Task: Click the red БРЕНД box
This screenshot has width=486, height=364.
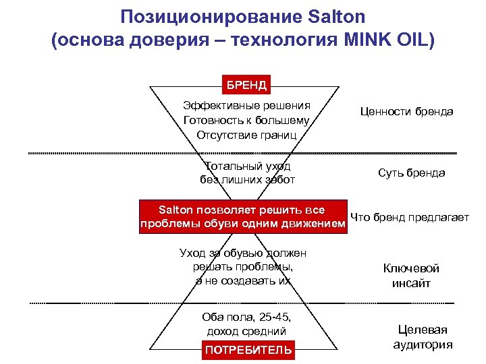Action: pyautogui.click(x=246, y=85)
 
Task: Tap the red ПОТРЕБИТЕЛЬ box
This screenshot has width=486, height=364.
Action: pyautogui.click(x=248, y=349)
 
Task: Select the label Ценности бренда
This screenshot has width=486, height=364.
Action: pyautogui.click(x=406, y=111)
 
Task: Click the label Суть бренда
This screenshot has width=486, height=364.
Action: pyautogui.click(x=412, y=173)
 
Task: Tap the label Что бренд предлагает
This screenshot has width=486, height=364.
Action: pyautogui.click(x=410, y=217)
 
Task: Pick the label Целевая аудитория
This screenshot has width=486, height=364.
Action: pyautogui.click(x=422, y=336)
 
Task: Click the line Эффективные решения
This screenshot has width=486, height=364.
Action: pyautogui.click(x=246, y=105)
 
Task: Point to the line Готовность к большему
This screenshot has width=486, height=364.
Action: pyautogui.click(x=246, y=120)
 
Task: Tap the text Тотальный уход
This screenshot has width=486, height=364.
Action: pyautogui.click(x=247, y=165)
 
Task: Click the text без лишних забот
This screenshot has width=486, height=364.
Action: pyautogui.click(x=247, y=179)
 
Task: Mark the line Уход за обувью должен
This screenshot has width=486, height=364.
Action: pyautogui.click(x=243, y=253)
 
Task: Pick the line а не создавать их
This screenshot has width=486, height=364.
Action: pyautogui.click(x=243, y=280)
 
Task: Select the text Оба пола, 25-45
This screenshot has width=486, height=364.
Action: pyautogui.click(x=246, y=317)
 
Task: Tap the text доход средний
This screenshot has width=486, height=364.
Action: pyautogui.click(x=246, y=331)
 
